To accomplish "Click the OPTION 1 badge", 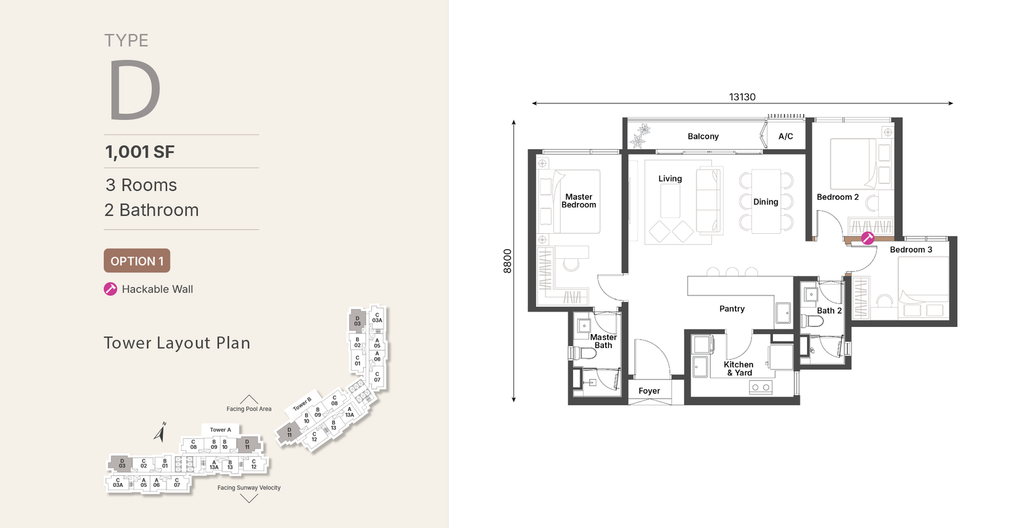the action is (137, 261).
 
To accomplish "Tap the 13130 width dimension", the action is (742, 97).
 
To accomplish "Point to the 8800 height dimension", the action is (507, 261).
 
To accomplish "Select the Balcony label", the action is (703, 136).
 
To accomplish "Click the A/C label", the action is (786, 136).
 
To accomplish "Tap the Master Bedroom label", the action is (579, 201).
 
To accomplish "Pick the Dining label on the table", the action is (765, 202).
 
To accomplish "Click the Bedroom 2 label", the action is (838, 197).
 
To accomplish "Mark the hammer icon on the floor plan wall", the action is (867, 238).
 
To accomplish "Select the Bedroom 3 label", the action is (911, 250).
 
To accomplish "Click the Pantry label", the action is (732, 309).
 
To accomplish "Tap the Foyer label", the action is (649, 391).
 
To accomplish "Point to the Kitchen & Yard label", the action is (738, 369).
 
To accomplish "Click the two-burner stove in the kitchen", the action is (761, 387).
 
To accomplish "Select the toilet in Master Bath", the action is (580, 353).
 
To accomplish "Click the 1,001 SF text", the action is (139, 152).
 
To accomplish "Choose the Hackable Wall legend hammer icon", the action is (110, 289).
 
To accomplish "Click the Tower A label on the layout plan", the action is (221, 430).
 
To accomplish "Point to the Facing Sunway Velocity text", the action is (249, 488).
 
